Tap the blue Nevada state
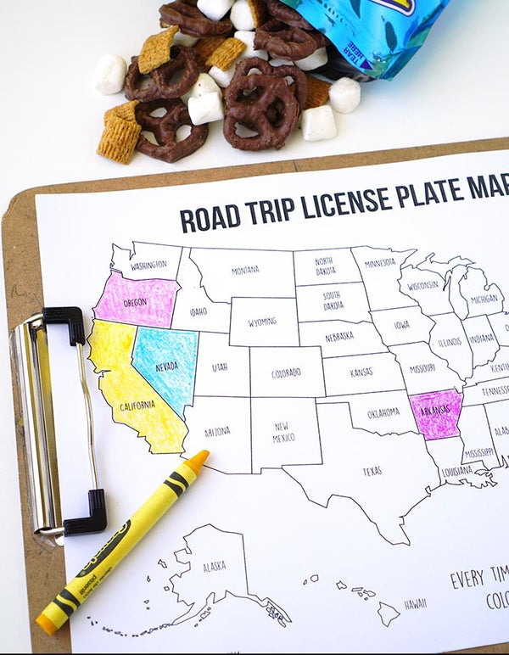166,367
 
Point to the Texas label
372,472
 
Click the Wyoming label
263,322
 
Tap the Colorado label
286,372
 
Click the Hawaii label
415,604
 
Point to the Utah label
220,367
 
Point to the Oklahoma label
383,412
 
